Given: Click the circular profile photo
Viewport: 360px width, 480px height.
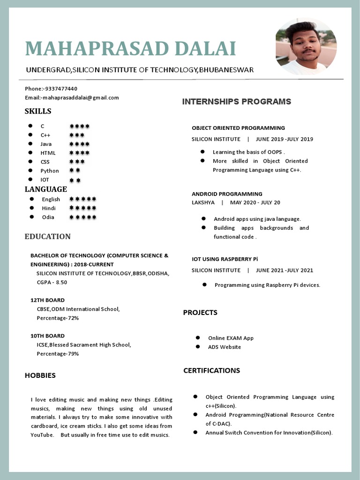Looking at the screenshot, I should click(x=306, y=47).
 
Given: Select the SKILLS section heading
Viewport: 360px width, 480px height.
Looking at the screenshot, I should click(x=38, y=111).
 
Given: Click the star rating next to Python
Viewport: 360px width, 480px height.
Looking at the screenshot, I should click(x=75, y=171).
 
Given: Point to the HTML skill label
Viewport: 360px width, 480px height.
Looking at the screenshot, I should click(x=48, y=153).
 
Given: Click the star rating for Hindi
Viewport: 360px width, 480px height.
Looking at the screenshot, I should click(x=83, y=208).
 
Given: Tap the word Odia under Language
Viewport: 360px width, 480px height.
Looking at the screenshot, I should click(x=48, y=217).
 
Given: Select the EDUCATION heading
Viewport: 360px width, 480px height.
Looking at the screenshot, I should click(x=47, y=236).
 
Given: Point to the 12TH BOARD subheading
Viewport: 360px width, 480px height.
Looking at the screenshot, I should click(x=47, y=300).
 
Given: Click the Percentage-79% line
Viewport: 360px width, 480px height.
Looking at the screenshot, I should click(x=58, y=353).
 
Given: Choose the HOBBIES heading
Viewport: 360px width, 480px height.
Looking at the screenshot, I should click(x=40, y=375).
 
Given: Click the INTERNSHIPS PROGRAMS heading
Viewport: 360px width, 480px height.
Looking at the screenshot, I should click(x=236, y=102).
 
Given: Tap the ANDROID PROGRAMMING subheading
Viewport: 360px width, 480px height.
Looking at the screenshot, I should click(x=227, y=194).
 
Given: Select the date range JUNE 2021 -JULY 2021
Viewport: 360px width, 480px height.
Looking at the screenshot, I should click(x=285, y=270).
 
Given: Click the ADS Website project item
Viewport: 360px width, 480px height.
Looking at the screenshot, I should click(x=225, y=347).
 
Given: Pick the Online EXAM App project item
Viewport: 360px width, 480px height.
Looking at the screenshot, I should click(x=231, y=338).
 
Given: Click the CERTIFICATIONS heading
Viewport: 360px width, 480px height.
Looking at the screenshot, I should click(x=211, y=370).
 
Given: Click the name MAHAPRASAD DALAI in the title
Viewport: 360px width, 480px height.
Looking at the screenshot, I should click(x=130, y=49).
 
